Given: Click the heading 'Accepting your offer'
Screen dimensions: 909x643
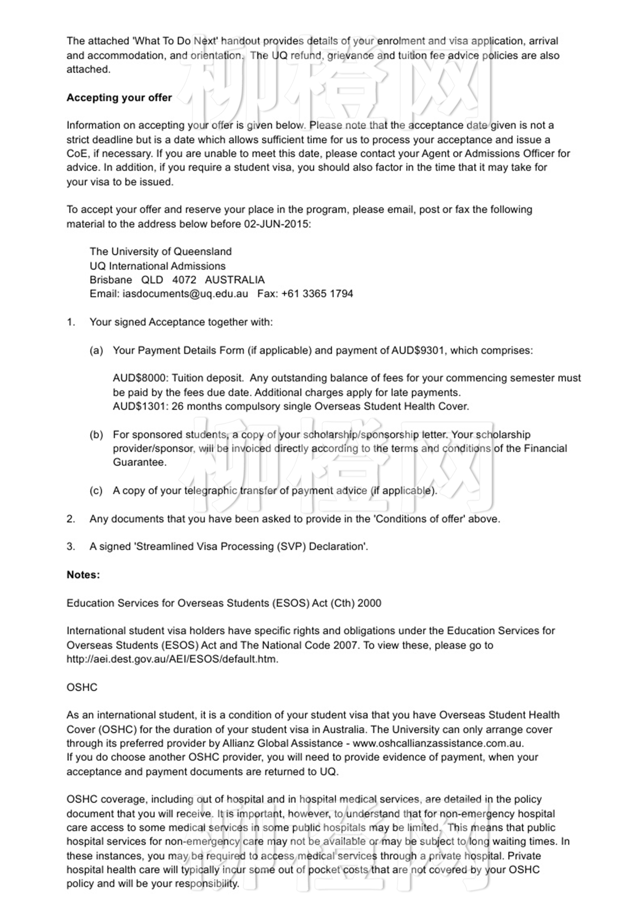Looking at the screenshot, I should coord(119,97).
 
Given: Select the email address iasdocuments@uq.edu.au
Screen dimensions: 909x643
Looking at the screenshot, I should coord(185,294).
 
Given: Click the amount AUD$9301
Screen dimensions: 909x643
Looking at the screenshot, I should coord(417,350).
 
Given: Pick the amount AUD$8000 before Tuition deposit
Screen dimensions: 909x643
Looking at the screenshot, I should coord(140,378).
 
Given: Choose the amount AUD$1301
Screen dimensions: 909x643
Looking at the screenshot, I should coord(140,406).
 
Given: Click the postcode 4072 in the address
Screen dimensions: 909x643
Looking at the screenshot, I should coord(184,280).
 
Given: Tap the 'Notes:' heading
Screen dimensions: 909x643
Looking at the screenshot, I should coord(83,575).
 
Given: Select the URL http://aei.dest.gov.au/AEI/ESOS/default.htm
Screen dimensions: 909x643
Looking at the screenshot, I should coord(172,659).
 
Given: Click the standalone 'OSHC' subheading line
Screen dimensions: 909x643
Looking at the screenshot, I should coord(82,687).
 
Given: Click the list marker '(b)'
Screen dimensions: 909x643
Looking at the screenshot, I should coord(96,435).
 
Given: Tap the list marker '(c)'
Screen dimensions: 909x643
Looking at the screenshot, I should coord(96,491).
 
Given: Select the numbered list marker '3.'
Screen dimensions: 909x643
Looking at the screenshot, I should coord(71,546).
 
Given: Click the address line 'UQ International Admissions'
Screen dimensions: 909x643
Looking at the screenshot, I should coord(158,266).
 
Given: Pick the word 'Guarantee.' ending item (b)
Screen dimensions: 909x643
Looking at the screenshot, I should coord(140,462).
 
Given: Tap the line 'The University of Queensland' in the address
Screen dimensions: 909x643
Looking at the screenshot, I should coord(160,251).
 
